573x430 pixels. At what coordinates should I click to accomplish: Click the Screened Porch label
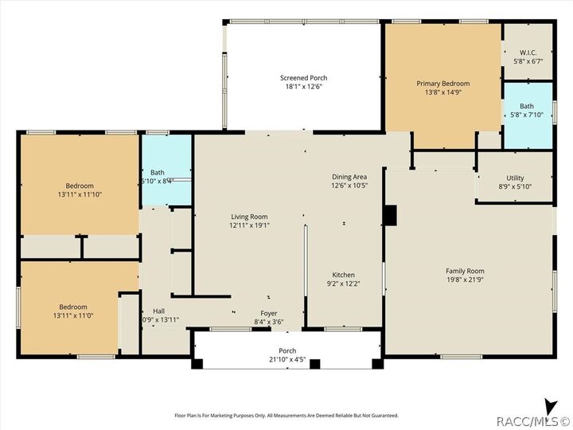click(303, 78)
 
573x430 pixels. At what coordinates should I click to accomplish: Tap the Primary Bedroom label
click(443, 84)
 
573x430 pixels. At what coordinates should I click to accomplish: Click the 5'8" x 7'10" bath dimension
click(527, 114)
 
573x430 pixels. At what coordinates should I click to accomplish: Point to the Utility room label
click(515, 178)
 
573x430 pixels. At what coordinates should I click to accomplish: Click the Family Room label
click(465, 272)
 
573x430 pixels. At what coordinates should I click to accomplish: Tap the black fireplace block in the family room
click(389, 216)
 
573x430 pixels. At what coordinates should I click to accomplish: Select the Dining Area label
click(349, 177)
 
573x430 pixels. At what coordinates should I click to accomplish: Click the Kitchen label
click(344, 275)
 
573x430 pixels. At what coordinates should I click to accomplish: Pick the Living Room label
click(249, 217)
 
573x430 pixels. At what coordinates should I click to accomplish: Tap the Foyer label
click(269, 314)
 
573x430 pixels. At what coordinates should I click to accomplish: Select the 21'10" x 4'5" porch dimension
click(287, 360)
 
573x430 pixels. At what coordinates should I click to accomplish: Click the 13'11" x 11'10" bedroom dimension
click(80, 194)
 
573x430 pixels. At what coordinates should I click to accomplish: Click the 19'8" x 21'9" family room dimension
click(465, 280)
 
